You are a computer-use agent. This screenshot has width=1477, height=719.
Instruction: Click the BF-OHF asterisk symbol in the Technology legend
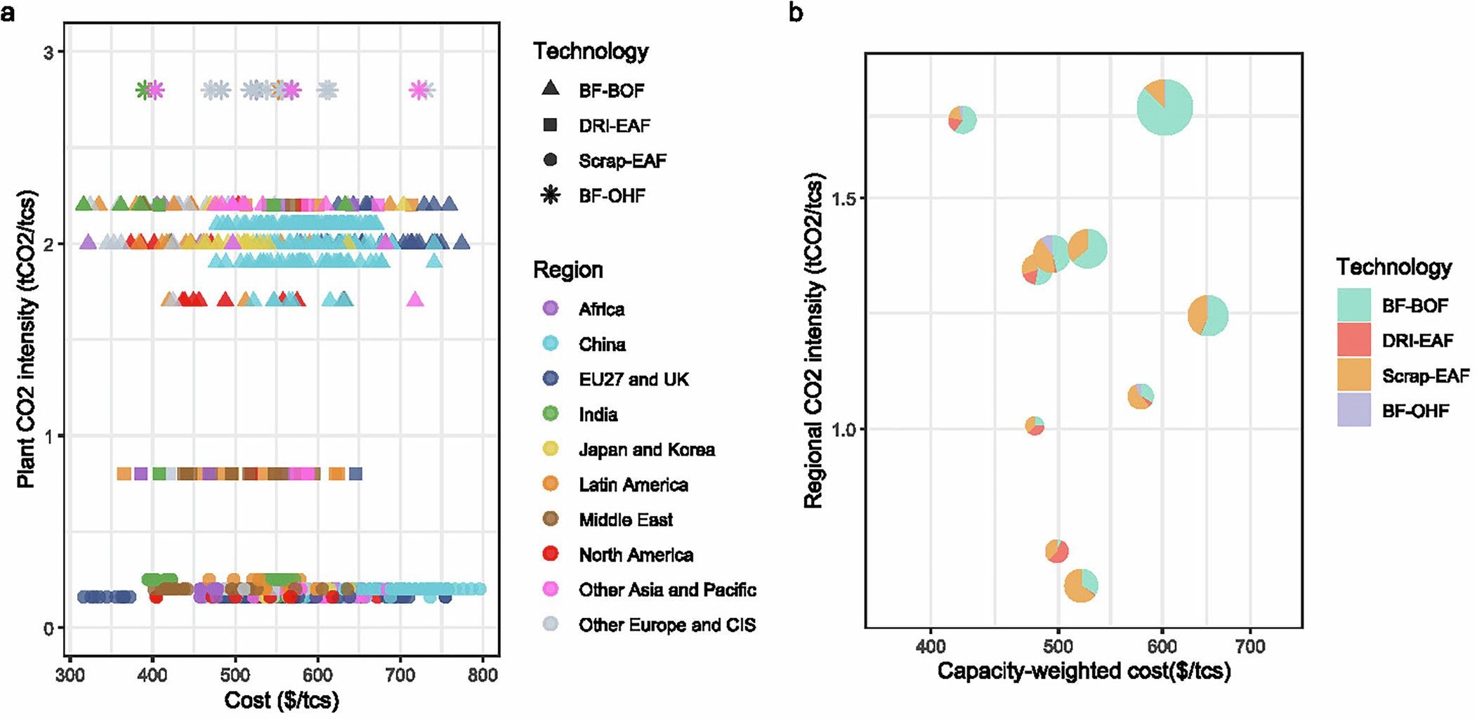coord(551,195)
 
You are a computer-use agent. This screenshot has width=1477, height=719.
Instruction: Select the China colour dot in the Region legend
coord(551,344)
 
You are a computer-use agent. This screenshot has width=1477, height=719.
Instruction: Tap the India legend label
coord(598,414)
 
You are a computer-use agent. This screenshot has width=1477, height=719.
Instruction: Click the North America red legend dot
coord(551,555)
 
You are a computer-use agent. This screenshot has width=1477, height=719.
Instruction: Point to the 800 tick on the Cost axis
coord(483,675)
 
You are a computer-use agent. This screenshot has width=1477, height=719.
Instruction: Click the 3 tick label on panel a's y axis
coord(48,53)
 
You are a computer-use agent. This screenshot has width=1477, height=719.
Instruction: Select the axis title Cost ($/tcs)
coord(282,700)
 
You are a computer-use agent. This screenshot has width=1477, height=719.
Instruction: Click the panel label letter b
coord(795,13)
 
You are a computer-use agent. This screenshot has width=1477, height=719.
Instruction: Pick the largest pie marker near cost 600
coord(1164,107)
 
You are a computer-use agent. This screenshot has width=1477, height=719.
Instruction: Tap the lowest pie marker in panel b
coord(1081,585)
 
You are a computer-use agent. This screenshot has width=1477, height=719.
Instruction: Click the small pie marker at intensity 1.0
coord(1035,426)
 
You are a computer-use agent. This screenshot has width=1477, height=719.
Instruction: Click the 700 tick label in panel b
coord(1250,646)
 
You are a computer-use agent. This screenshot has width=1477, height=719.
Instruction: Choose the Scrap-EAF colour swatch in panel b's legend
coord(1353,376)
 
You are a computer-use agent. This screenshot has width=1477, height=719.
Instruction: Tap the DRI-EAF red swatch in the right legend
coord(1353,341)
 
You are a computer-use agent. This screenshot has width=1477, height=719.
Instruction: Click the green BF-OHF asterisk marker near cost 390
coord(144,90)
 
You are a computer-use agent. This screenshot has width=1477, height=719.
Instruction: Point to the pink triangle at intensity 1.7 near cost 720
coord(415,300)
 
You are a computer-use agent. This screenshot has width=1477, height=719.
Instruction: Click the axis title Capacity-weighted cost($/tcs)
coord(1084,671)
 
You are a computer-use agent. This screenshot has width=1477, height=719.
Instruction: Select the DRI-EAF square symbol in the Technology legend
coord(551,125)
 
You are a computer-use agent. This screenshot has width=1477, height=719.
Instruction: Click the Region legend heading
coord(567,270)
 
